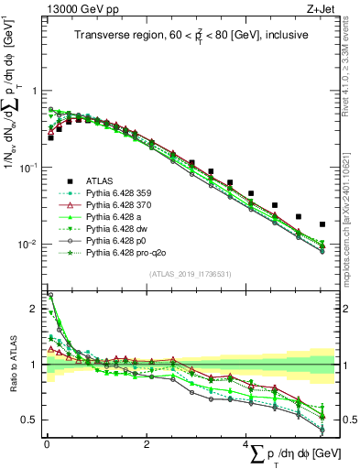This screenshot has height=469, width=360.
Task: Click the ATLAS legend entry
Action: (x=98, y=181)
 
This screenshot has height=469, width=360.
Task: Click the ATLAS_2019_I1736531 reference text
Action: (x=190, y=274)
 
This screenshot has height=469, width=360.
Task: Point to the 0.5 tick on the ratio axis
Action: (x=32, y=420)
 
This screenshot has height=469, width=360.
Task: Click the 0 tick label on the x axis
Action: (x=46, y=444)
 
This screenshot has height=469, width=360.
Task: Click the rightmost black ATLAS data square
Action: (x=322, y=224)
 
